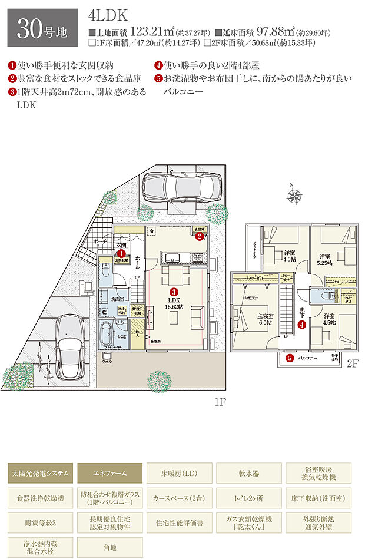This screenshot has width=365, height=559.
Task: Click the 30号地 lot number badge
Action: point(42,28)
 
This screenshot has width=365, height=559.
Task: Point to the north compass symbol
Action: point(296,195)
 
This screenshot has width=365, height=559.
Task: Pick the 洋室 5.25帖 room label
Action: point(324,260)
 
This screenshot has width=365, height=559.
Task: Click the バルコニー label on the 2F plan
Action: point(308,358)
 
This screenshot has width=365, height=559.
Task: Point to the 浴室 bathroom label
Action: point(121,337)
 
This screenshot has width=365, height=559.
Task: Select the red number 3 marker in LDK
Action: point(174,292)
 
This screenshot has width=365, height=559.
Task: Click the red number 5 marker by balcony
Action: point(290,358)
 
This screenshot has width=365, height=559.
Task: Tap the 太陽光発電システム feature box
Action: point(41,473)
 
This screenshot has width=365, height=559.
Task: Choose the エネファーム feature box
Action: point(110,473)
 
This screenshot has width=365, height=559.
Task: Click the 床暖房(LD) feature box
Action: point(180,473)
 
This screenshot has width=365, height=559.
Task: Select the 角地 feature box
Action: point(110,547)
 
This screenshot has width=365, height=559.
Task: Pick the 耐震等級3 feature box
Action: point(41,522)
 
